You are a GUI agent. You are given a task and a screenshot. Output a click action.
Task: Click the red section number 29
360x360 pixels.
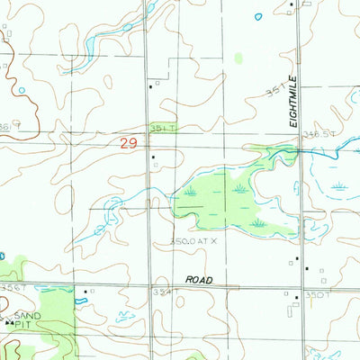point(130,142)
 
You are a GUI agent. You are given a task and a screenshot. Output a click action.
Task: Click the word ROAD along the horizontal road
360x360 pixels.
point(199,280)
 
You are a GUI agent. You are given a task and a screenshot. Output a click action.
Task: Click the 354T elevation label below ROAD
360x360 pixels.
point(162,292)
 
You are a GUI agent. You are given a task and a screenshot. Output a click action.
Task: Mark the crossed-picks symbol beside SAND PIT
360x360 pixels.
point(10,322)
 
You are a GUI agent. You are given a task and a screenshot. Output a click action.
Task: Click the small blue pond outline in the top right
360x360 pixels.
point(258,16)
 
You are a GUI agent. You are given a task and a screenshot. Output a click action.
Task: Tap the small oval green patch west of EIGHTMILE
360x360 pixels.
point(238,58)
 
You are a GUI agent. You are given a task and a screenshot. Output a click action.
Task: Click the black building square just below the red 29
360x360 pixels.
point(153,158)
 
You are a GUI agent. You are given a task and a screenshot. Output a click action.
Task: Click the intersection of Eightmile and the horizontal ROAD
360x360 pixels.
point(303,286)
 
